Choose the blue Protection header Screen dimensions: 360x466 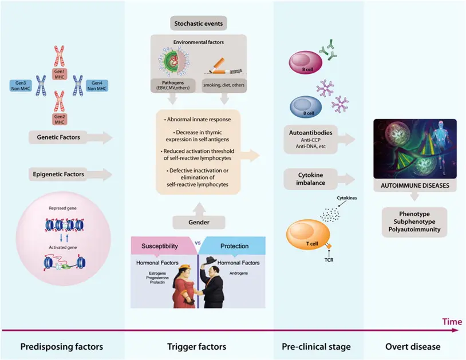234,246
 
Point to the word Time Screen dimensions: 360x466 452,322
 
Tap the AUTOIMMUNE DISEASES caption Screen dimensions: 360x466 414,187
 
